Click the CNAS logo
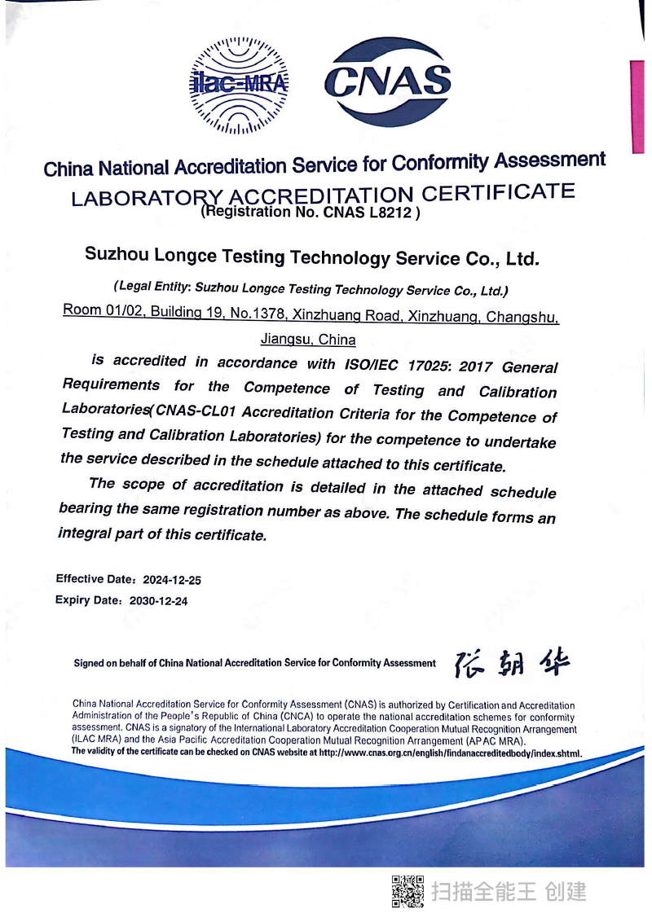coord(387,82)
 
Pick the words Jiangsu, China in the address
coord(308,339)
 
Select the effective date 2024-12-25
coord(172,581)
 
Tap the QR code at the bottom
coord(407,891)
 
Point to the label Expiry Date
coord(87,600)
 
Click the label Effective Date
coord(94,579)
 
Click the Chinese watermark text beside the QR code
coord(509,891)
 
